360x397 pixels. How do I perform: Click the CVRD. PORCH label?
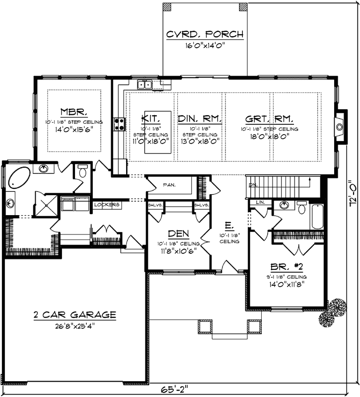click(x=205, y=34)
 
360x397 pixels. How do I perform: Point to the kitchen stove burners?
click(x=119, y=123)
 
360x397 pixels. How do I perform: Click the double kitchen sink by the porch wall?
click(x=145, y=84)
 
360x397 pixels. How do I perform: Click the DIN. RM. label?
click(x=199, y=119)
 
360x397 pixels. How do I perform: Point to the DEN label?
click(x=177, y=234)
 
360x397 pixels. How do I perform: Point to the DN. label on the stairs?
click(x=252, y=184)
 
